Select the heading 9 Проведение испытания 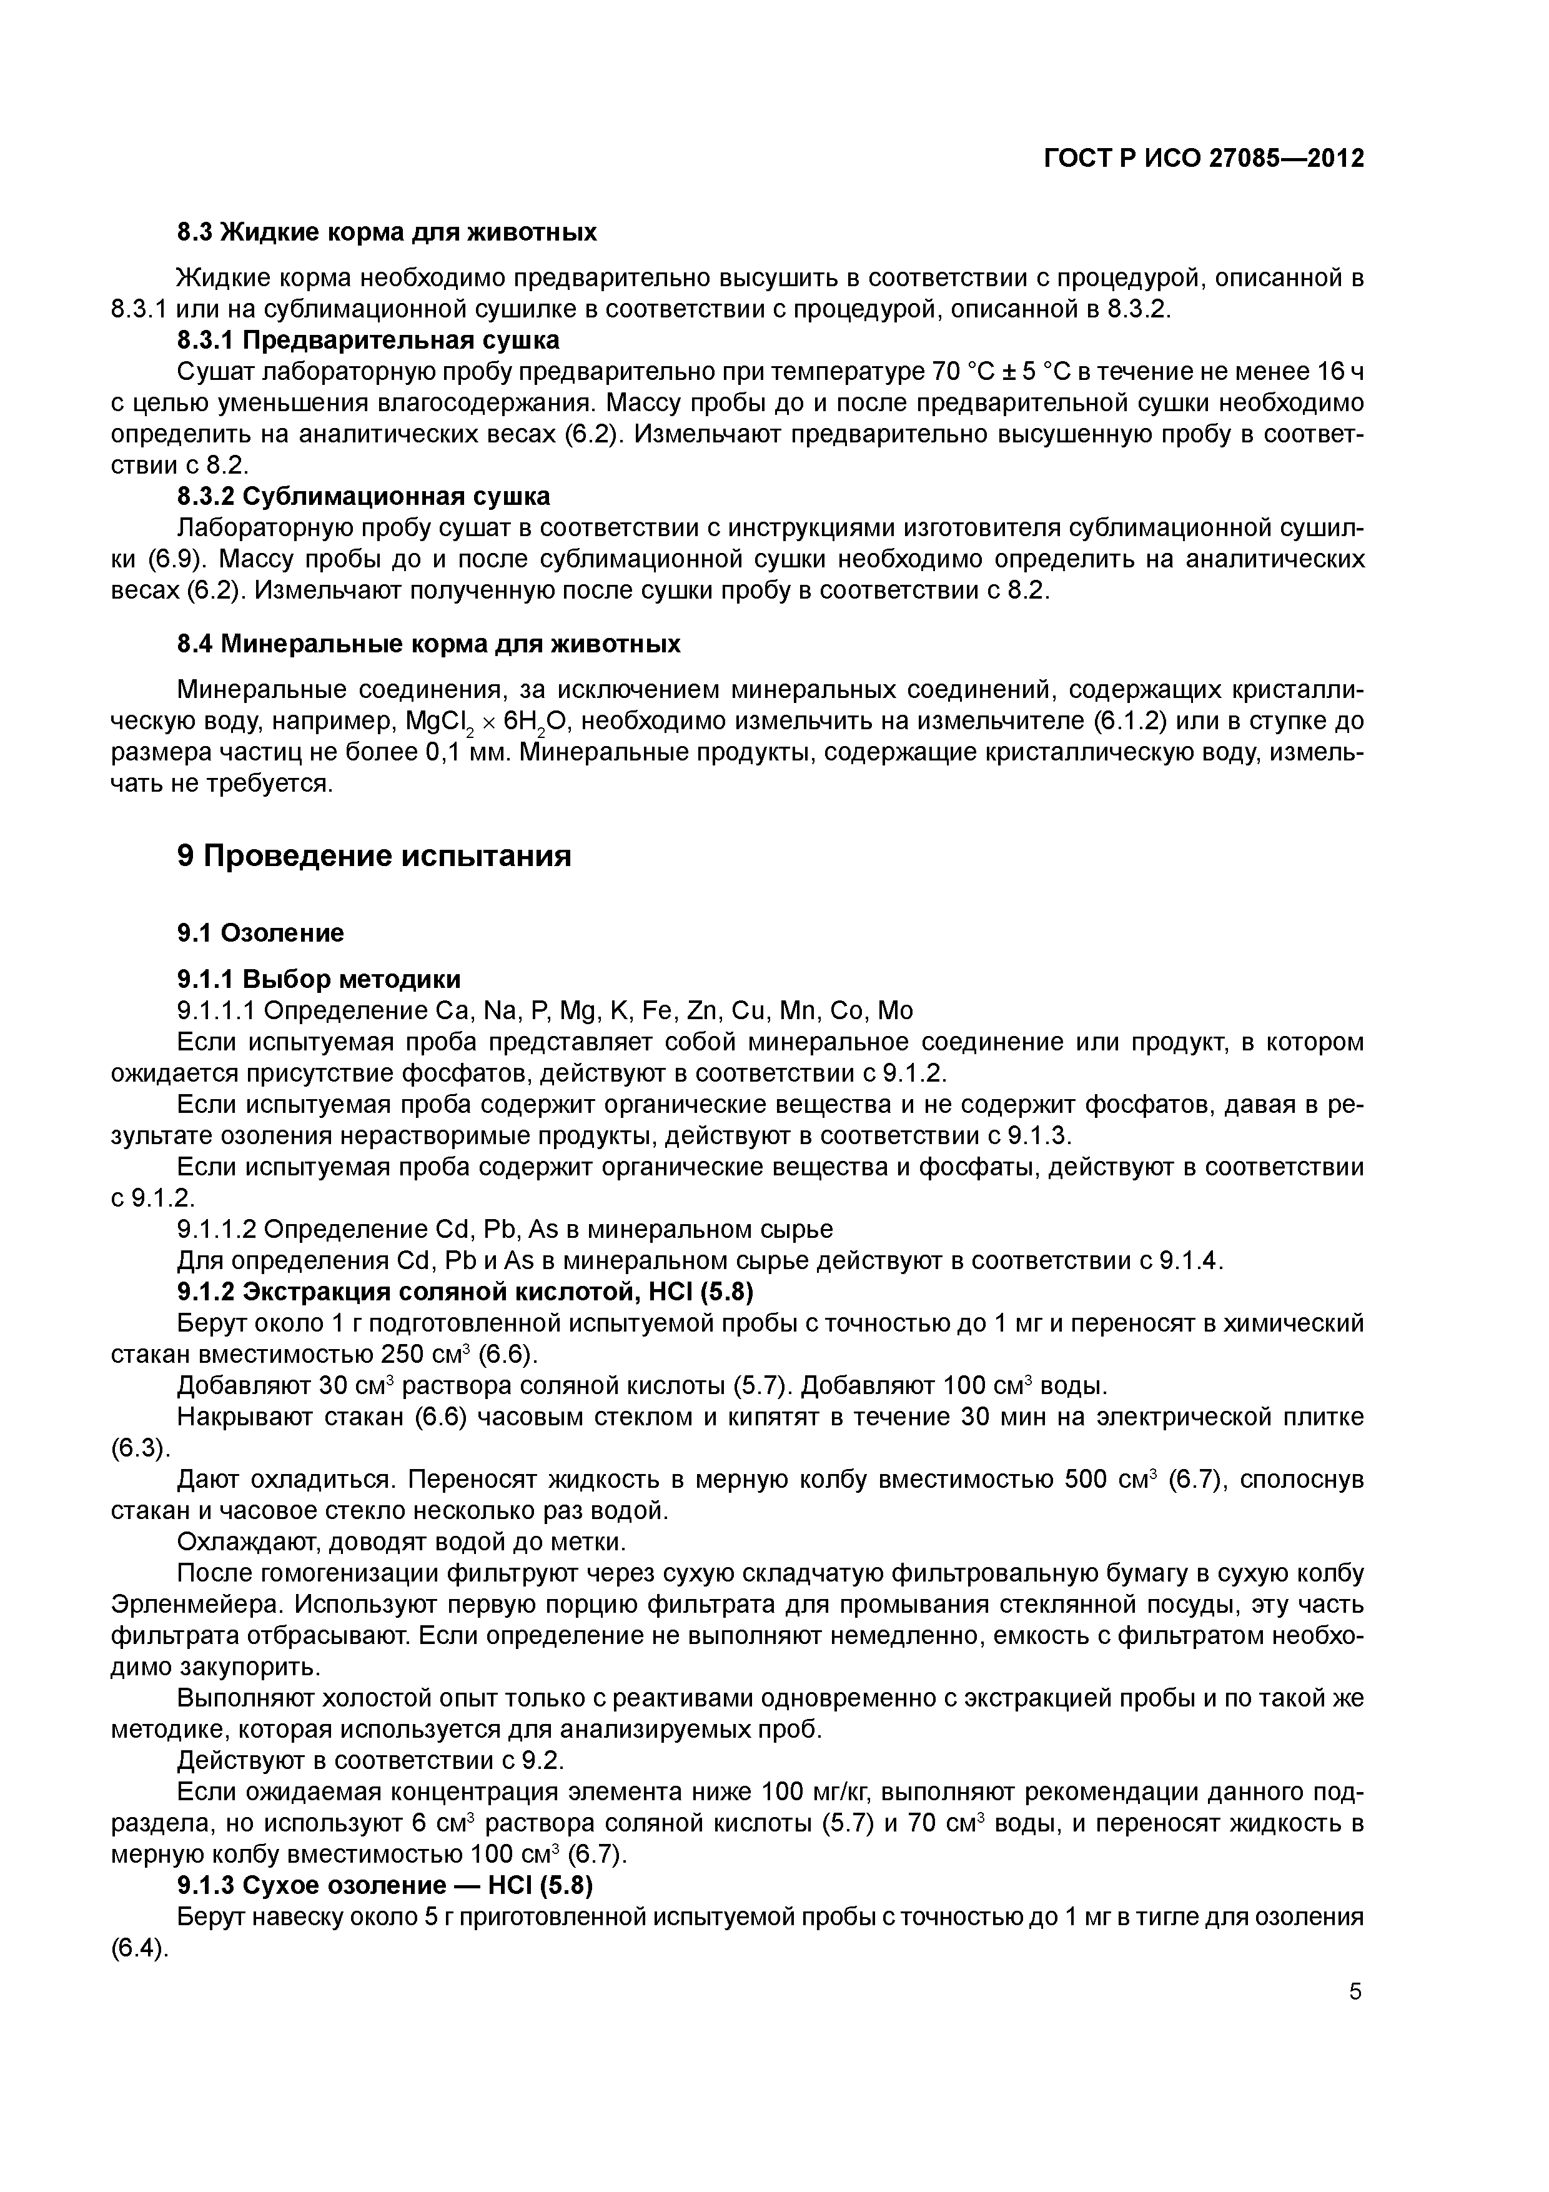pyautogui.click(x=374, y=855)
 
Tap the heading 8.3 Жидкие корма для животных pyautogui.click(x=387, y=232)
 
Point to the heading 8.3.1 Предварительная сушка pyautogui.click(x=369, y=340)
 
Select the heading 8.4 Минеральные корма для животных pyautogui.click(x=428, y=644)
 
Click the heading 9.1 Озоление pyautogui.click(x=260, y=933)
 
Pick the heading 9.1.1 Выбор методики pyautogui.click(x=319, y=980)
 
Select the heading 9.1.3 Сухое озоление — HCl pyautogui.click(x=385, y=1886)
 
